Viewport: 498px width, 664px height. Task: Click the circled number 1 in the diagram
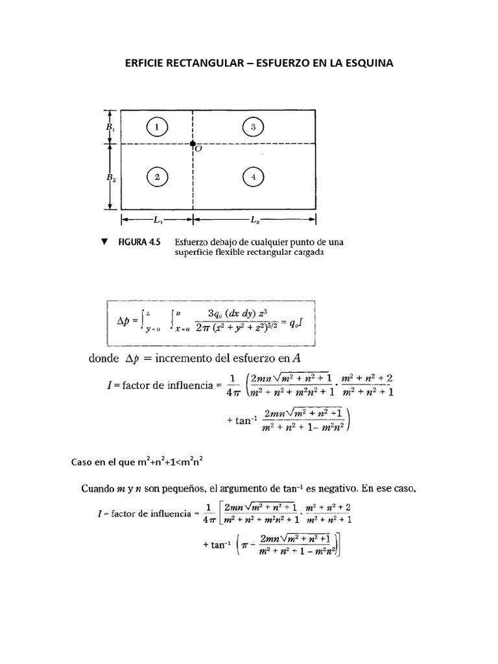tap(157, 127)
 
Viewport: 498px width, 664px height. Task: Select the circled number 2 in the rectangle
tap(157, 176)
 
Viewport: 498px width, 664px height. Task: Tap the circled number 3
tap(254, 127)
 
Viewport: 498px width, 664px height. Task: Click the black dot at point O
tap(193, 143)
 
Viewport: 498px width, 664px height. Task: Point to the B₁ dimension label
tap(110, 128)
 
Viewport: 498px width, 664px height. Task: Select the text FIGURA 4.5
tap(139, 243)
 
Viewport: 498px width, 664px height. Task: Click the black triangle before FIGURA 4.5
tap(103, 242)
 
